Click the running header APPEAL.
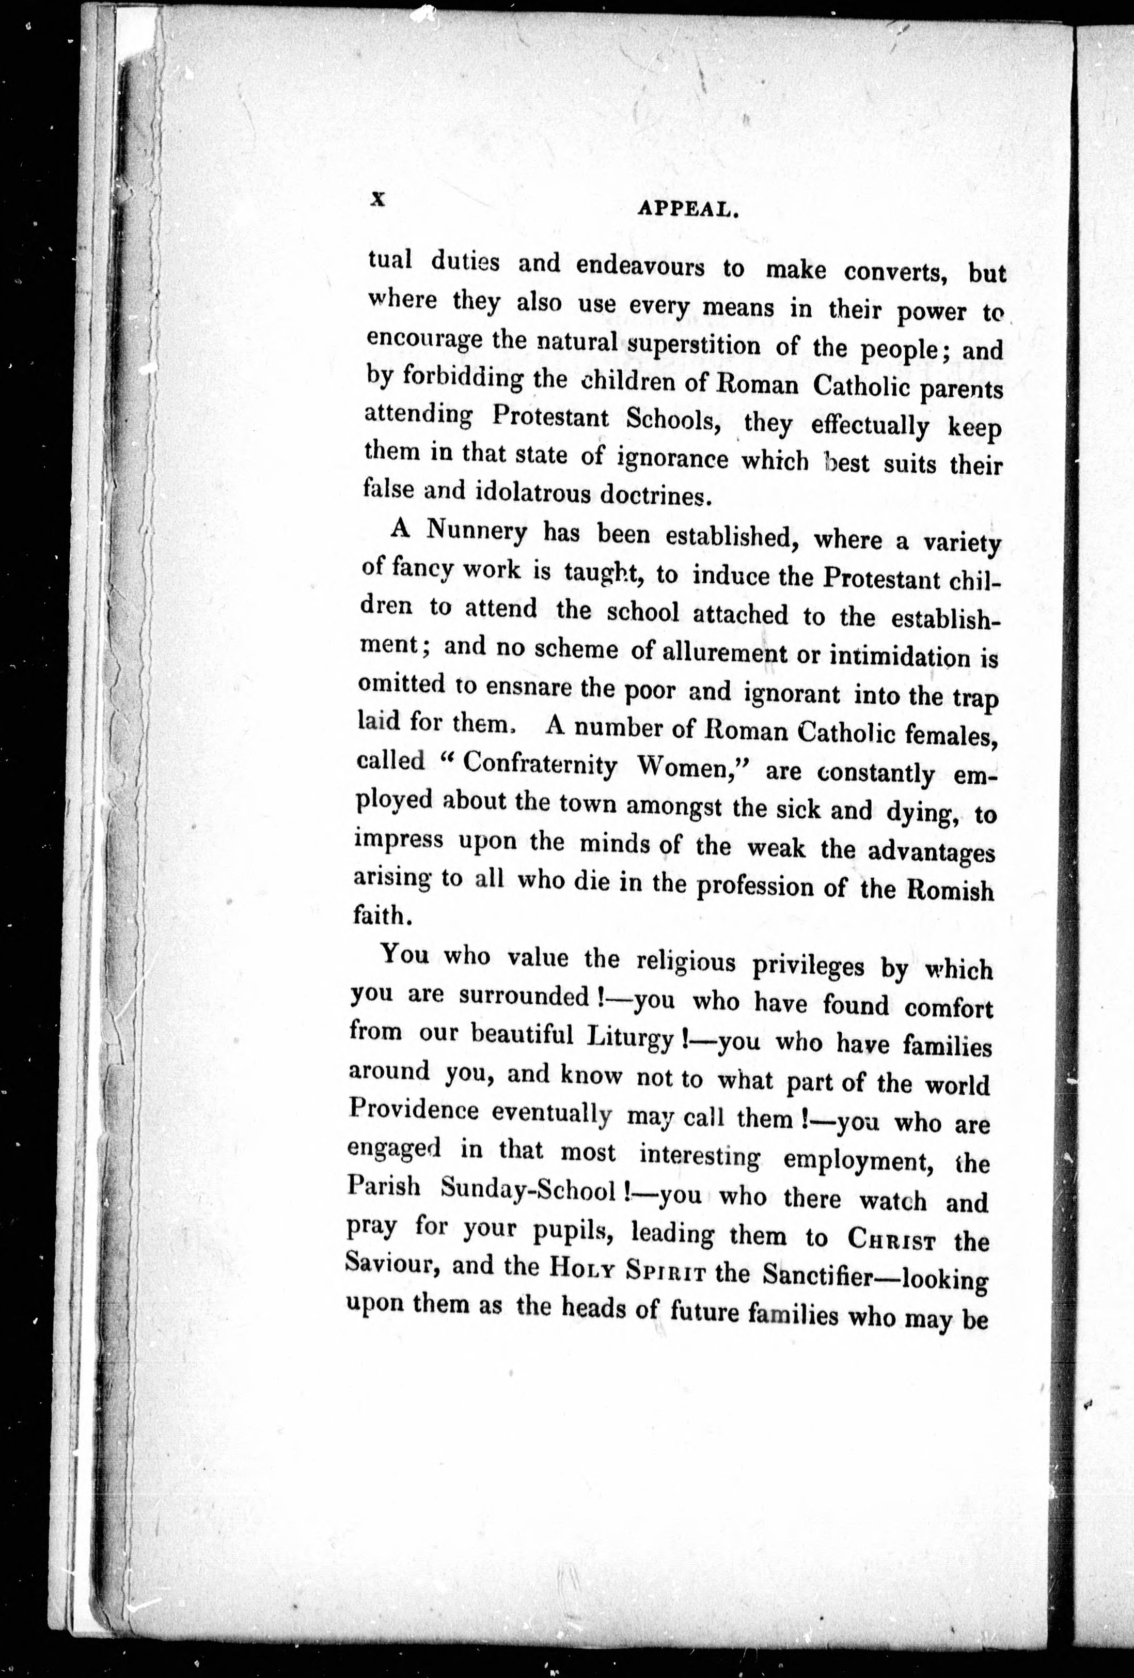[686, 209]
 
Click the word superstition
[693, 345]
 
